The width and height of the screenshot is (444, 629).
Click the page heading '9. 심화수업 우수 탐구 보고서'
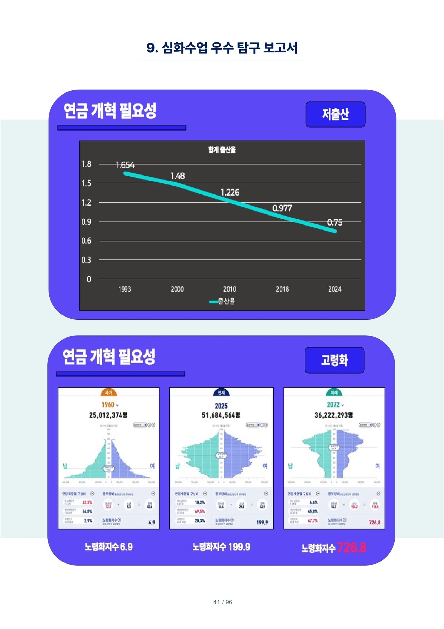[x=222, y=48]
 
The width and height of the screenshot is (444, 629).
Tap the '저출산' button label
[x=335, y=114]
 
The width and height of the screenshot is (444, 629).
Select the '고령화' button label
[x=334, y=360]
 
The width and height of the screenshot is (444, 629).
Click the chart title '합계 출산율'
[x=222, y=150]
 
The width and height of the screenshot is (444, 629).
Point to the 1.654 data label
[x=125, y=165]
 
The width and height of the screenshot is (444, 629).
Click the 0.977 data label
[x=282, y=208]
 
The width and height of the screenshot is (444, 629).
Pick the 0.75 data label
[x=335, y=222]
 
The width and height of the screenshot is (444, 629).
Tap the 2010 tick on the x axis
[x=230, y=289]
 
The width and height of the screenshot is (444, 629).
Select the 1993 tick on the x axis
[x=124, y=289]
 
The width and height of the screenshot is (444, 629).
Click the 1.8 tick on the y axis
[x=86, y=164]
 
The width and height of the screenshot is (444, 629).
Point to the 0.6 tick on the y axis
[x=86, y=241]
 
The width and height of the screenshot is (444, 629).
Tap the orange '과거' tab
[x=108, y=392]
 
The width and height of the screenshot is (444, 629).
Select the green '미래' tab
[x=334, y=392]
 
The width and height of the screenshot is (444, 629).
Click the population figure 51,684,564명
[x=221, y=415]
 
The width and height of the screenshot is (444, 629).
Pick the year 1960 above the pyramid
[x=108, y=405]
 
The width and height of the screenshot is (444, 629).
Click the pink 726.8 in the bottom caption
[x=351, y=547]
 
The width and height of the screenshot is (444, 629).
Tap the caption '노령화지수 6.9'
[x=108, y=547]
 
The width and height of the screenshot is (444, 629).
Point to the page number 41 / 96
[x=223, y=602]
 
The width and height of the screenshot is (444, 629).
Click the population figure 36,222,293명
[x=334, y=415]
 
